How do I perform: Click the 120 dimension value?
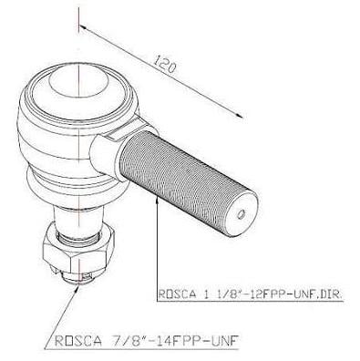click(164, 64)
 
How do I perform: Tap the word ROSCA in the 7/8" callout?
click(77, 341)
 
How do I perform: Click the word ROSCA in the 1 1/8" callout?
click(177, 294)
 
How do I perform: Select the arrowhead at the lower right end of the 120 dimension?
click(239, 115)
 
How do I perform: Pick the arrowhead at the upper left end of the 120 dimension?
click(84, 27)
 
